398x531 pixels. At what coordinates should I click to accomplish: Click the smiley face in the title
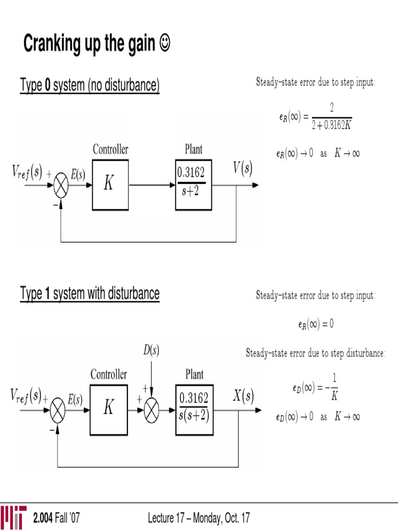click(x=165, y=45)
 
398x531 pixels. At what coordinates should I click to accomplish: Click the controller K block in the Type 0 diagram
click(x=110, y=185)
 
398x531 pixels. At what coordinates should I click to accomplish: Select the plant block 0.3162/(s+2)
click(x=193, y=185)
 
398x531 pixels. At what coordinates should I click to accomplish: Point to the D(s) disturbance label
click(x=151, y=351)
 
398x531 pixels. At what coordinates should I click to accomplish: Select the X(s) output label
click(x=243, y=397)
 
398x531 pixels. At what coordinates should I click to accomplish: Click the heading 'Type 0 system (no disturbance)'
click(x=90, y=85)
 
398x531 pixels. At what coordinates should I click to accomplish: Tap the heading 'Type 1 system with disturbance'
click(x=90, y=294)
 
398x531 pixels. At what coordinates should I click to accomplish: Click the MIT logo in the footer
click(x=13, y=517)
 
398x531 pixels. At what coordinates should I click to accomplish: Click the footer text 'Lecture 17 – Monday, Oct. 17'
click(x=199, y=518)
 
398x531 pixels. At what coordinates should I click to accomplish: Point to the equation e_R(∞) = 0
click(x=316, y=325)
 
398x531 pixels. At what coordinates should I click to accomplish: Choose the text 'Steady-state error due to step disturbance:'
click(x=316, y=354)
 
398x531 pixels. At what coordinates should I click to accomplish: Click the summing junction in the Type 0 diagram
click(x=61, y=185)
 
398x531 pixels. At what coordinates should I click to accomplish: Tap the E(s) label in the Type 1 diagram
click(x=75, y=399)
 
